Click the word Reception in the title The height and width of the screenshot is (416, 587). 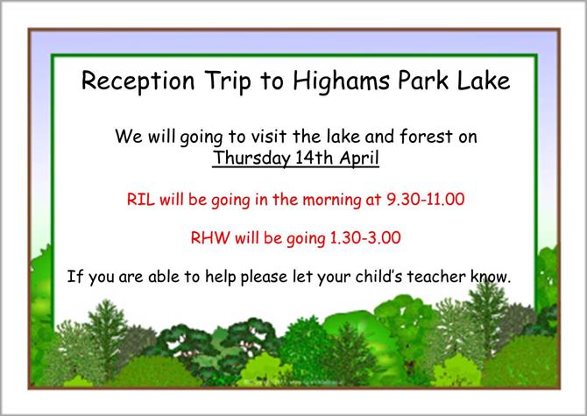[138, 81]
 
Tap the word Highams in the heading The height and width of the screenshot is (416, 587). [341, 81]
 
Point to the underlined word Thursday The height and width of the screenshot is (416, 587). [253, 159]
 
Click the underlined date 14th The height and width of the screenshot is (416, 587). [315, 157]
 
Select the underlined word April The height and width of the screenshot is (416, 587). [359, 159]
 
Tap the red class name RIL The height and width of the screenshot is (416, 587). [141, 199]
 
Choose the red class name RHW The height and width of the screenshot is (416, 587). [210, 237]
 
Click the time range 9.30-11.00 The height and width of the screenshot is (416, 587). [425, 199]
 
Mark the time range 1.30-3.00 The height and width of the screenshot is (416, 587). [365, 237]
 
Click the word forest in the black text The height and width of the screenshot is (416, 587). [426, 136]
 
